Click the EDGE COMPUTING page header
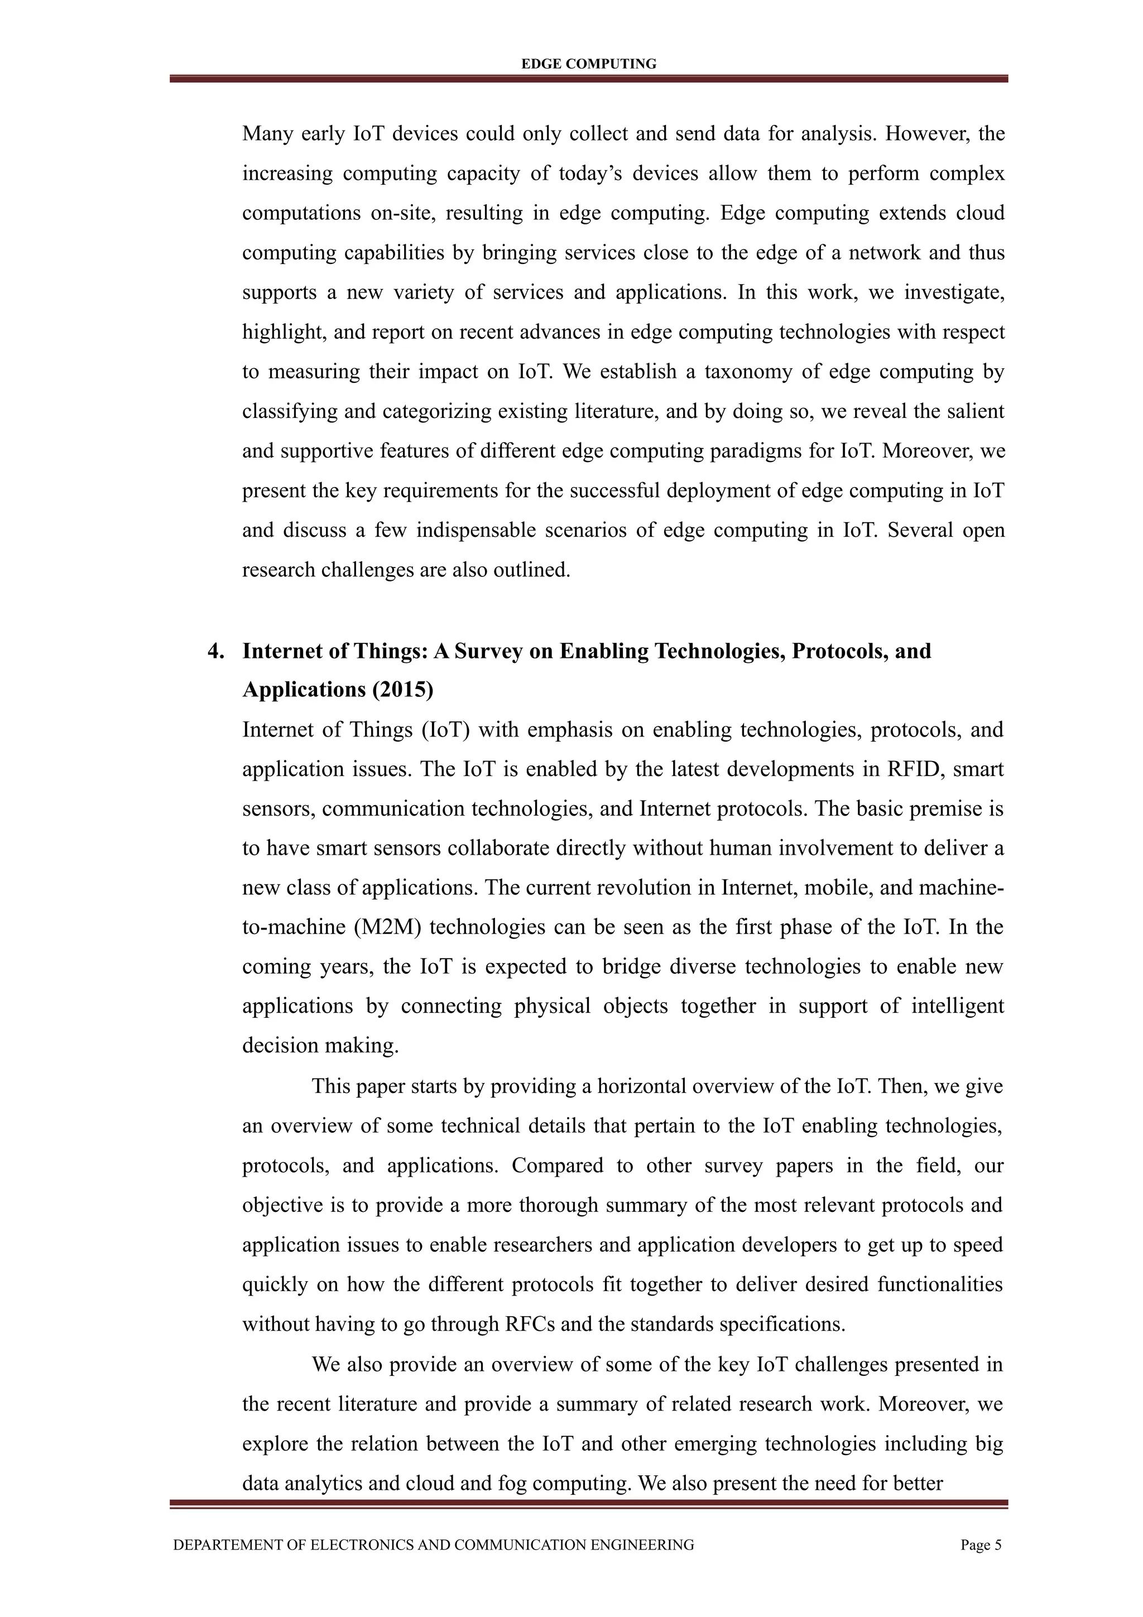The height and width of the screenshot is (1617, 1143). coord(588,64)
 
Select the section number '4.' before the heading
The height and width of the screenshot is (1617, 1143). coord(216,651)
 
